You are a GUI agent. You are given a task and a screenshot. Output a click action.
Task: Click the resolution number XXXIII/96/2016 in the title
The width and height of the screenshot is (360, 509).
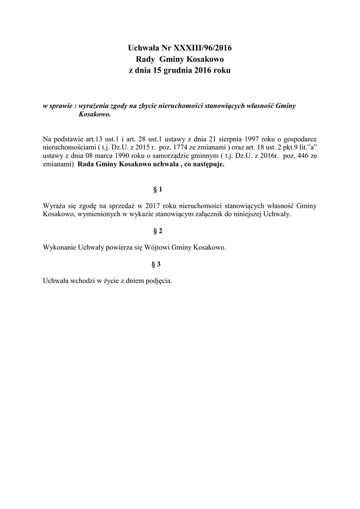(x=201, y=49)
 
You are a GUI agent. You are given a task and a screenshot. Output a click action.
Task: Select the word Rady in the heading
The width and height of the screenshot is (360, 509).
(x=145, y=60)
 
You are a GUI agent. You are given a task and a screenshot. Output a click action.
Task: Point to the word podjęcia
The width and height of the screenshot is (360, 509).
(x=158, y=281)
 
